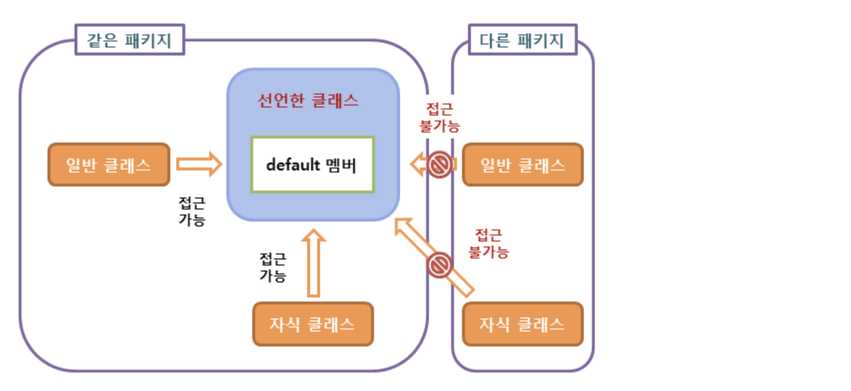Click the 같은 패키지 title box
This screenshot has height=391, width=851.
(129, 39)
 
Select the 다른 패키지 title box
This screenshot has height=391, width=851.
(522, 39)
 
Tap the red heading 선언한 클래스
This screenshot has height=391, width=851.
(308, 100)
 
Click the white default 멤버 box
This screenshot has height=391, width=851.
(313, 164)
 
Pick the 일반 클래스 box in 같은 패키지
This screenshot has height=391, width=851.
(109, 164)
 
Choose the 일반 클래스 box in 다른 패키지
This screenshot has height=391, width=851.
(522, 164)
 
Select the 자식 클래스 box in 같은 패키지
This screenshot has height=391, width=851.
(313, 324)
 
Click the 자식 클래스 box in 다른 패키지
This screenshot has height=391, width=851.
(522, 324)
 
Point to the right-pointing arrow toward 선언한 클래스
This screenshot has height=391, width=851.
(199, 164)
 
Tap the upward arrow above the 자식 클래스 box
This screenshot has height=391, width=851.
(313, 262)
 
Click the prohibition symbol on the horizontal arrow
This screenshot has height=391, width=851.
(439, 164)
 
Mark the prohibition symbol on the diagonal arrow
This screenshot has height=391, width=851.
(439, 264)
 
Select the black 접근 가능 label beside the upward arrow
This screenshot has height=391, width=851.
(273, 267)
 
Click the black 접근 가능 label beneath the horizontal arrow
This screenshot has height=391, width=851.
(192, 211)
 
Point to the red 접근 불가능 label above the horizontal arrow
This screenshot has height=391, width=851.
(439, 117)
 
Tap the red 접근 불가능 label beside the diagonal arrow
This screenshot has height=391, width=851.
(488, 243)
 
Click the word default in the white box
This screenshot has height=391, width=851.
(293, 164)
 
